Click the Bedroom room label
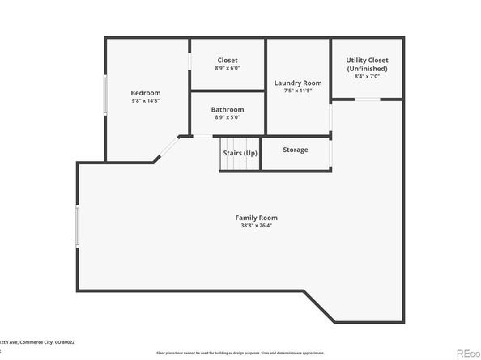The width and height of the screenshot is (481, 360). pyautogui.click(x=146, y=93)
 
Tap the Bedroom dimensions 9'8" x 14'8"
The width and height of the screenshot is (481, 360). pyautogui.click(x=146, y=102)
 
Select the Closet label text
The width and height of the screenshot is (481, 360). pyautogui.click(x=228, y=61)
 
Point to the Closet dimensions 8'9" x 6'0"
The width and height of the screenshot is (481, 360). pyautogui.click(x=228, y=70)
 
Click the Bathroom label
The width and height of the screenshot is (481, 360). pyautogui.click(x=228, y=109)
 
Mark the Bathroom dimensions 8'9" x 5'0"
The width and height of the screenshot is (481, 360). pyautogui.click(x=228, y=118)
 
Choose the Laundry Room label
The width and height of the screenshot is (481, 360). pyautogui.click(x=298, y=83)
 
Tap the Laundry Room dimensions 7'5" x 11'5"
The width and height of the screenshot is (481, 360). pyautogui.click(x=298, y=91)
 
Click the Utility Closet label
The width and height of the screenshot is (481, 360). pyautogui.click(x=367, y=60)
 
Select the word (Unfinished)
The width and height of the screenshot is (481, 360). pyautogui.click(x=367, y=69)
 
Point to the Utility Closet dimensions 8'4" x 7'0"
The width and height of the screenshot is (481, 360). pyautogui.click(x=367, y=78)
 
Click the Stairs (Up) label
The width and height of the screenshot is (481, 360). pyautogui.click(x=240, y=152)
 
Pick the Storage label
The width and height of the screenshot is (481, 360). pyautogui.click(x=296, y=150)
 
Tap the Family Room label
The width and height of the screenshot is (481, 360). pyautogui.click(x=257, y=218)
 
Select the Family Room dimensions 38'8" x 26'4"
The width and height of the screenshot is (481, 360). pyautogui.click(x=257, y=227)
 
